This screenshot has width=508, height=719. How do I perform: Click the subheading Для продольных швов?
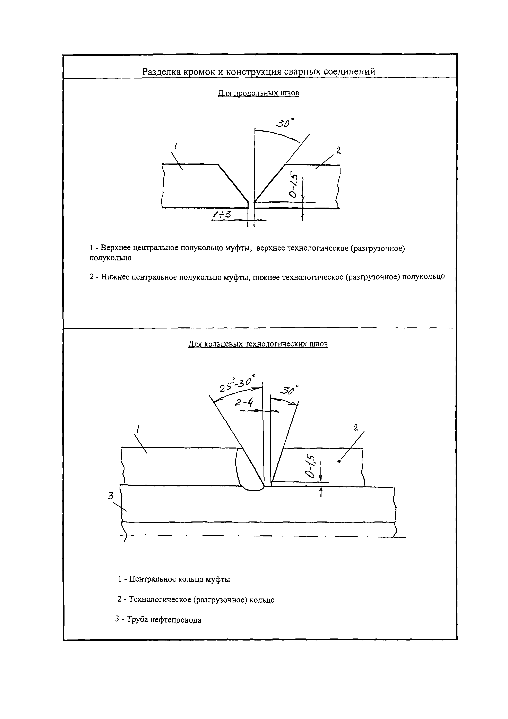(258, 93)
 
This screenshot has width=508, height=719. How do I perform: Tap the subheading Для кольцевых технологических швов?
(258, 344)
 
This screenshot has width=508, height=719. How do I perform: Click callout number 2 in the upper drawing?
(338, 151)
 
